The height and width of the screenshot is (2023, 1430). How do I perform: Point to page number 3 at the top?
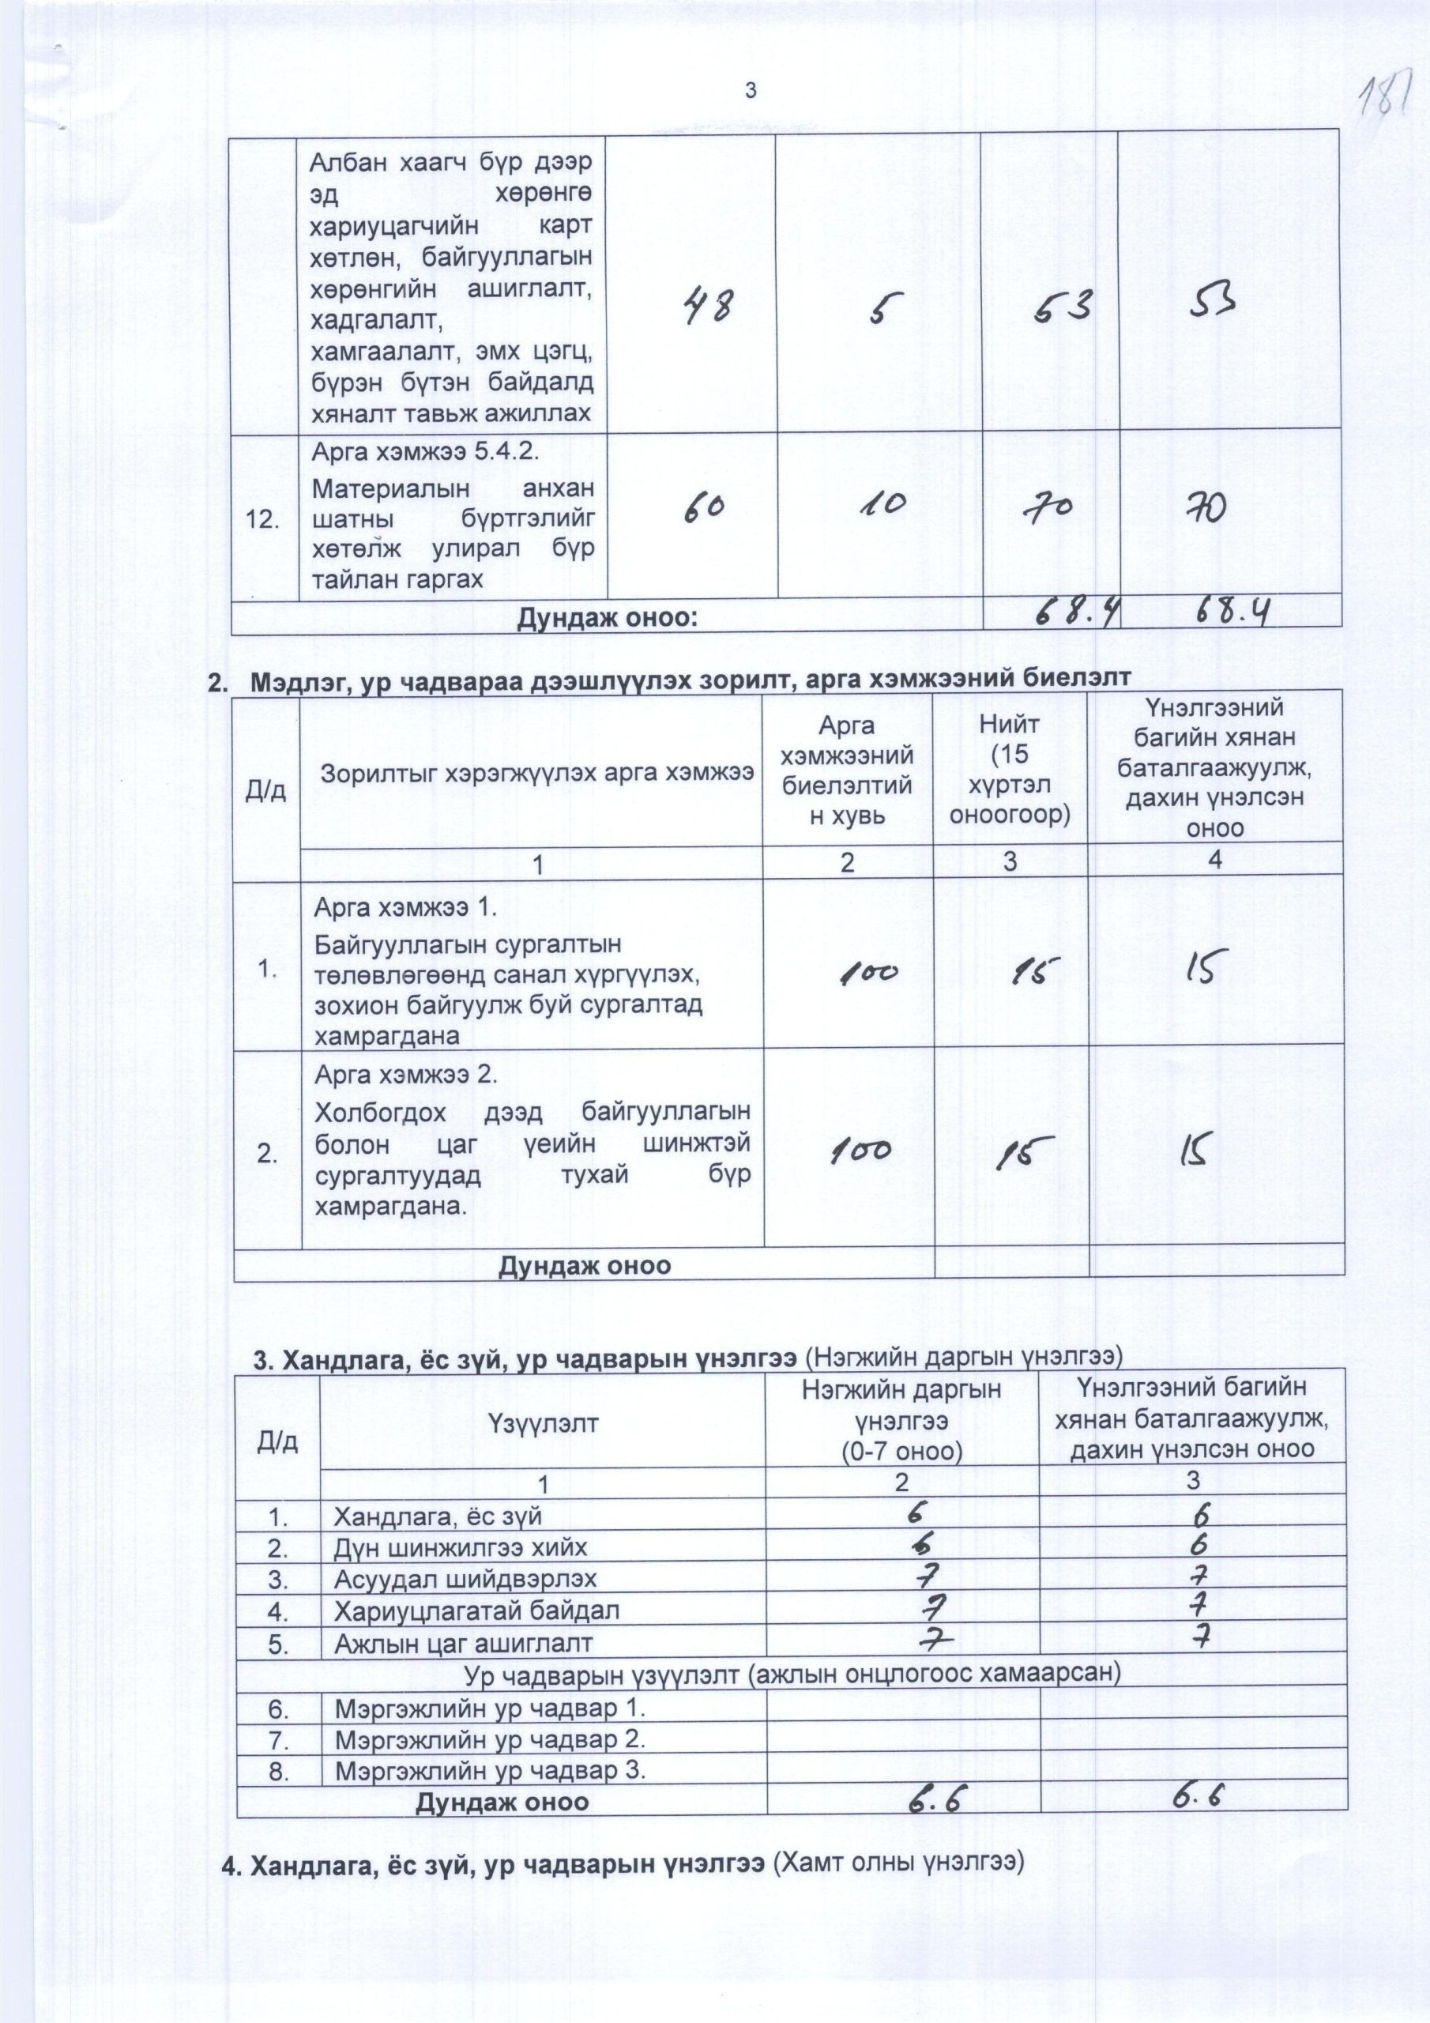751,90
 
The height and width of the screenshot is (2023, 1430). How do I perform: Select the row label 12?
265,521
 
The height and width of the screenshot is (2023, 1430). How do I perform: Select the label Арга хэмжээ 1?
400,906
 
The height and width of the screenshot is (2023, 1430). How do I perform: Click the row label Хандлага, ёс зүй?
437,1516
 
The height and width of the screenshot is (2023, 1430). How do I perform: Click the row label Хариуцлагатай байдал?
476,1610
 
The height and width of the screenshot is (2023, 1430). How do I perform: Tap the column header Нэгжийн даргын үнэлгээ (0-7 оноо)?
901,1419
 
